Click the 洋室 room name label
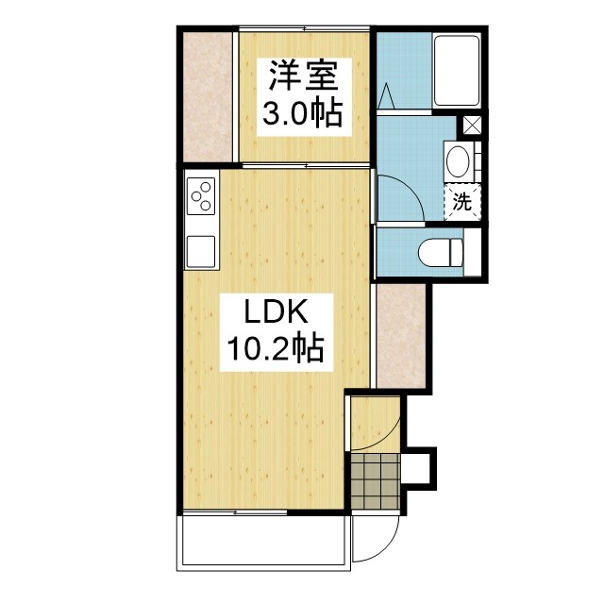tap(303, 75)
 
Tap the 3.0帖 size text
tap(303, 113)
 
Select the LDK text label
tap(277, 312)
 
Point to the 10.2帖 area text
tap(276, 348)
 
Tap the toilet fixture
tap(441, 252)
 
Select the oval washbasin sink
tap(458, 161)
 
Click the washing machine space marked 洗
tap(462, 202)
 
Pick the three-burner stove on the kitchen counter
tap(201, 196)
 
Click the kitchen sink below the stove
tap(201, 251)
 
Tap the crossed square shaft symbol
tap(472, 125)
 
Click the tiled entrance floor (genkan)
tap(376, 480)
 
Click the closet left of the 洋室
tap(208, 97)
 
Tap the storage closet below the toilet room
tap(401, 336)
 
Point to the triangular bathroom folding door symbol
tap(386, 96)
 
